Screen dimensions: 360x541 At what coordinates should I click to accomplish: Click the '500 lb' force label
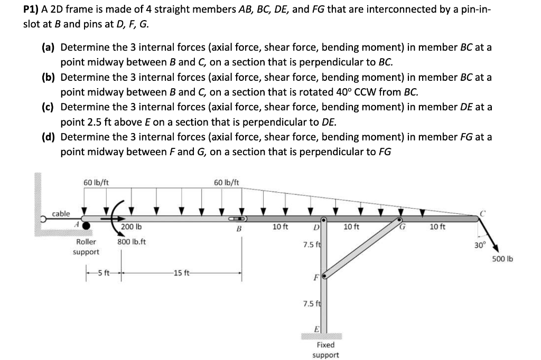pyautogui.click(x=502, y=259)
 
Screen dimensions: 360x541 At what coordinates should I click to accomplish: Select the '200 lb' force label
pyautogui.click(x=132, y=226)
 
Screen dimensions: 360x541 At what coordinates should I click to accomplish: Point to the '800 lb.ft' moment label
pyautogui.click(x=132, y=242)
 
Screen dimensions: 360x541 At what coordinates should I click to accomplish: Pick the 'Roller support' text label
pyautogui.click(x=86, y=247)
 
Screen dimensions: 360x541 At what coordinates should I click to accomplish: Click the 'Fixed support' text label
pyautogui.click(x=325, y=349)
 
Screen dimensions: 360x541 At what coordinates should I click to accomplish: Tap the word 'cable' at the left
pyautogui.click(x=61, y=213)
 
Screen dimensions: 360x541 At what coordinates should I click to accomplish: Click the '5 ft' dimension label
pyautogui.click(x=103, y=273)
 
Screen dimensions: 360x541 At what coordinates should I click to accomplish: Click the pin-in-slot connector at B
pyautogui.click(x=237, y=218)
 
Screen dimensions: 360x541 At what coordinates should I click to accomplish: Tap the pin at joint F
pyautogui.click(x=325, y=275)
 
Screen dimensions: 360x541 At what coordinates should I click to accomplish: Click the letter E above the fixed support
pyautogui.click(x=317, y=327)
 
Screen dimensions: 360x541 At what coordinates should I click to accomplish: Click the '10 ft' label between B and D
pyautogui.click(x=279, y=227)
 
